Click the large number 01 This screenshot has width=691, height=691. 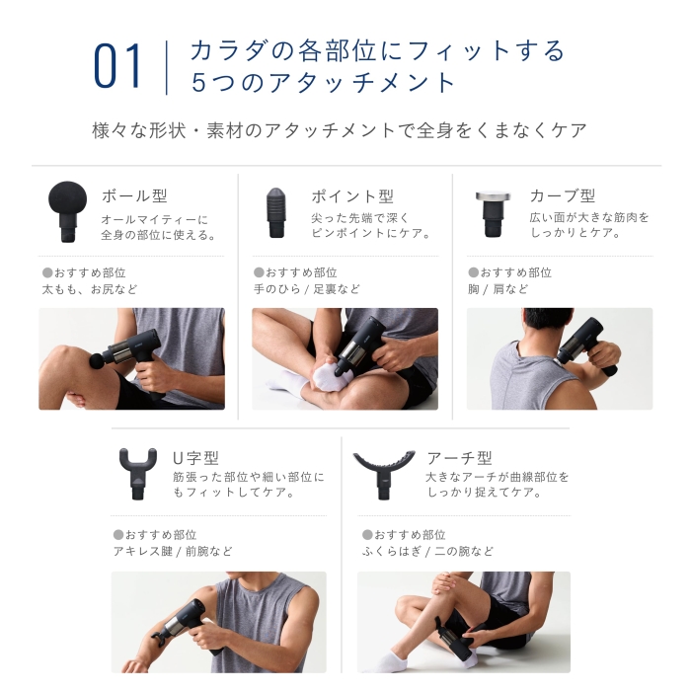pos(117,66)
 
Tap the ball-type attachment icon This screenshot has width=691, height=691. pos(67,211)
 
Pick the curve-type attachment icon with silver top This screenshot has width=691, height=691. pos(494,214)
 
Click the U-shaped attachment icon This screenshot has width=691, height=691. pos(138,474)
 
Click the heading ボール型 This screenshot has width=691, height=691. pos(134,196)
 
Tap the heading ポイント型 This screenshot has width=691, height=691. pos(352,196)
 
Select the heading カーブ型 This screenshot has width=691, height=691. pos(563,195)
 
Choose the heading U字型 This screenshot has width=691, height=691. pos(196,458)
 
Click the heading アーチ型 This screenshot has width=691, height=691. pos(460,458)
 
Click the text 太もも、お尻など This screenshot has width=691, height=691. pos(90,289)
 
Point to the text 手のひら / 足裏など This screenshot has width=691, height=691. pos(307,289)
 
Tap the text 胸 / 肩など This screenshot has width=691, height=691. pos(498,289)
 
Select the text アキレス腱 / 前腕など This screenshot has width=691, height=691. pos(173,551)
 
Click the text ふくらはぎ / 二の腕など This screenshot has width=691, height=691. pos(427,551)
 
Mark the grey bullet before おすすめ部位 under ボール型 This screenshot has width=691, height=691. pos(47,272)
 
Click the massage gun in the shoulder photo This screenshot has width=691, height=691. pos(586,345)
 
